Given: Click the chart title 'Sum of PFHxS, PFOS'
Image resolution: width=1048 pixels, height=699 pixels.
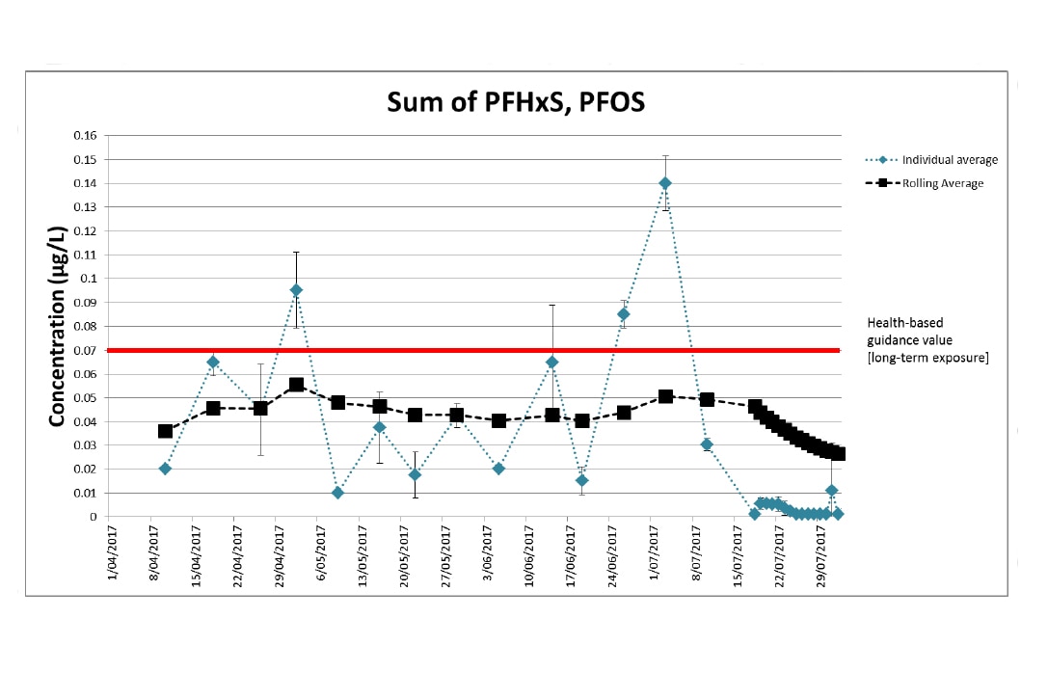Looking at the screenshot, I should [x=516, y=101].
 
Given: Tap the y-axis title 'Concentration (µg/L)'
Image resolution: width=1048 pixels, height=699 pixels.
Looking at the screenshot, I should [x=57, y=327].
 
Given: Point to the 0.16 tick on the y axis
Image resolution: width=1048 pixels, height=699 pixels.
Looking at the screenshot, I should [x=86, y=135].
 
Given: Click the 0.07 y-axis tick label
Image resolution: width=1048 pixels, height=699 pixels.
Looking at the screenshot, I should [x=86, y=350].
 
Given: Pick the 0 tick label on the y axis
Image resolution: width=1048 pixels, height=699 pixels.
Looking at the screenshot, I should [x=94, y=517].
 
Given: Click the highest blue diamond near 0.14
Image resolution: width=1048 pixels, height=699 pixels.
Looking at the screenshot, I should [x=665, y=183].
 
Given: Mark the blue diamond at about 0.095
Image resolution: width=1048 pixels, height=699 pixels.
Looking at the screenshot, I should [x=296, y=290].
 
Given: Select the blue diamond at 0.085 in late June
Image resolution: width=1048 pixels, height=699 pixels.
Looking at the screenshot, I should [x=624, y=313].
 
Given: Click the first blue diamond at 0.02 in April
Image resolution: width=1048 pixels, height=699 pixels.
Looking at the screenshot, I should [x=165, y=469].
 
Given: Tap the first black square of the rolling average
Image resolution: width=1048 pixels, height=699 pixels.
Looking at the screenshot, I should [x=165, y=431].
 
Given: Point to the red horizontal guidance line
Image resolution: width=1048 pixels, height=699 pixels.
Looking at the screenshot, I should [x=482, y=350].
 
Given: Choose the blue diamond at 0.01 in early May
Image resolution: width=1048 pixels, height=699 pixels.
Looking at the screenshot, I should [x=337, y=493].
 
